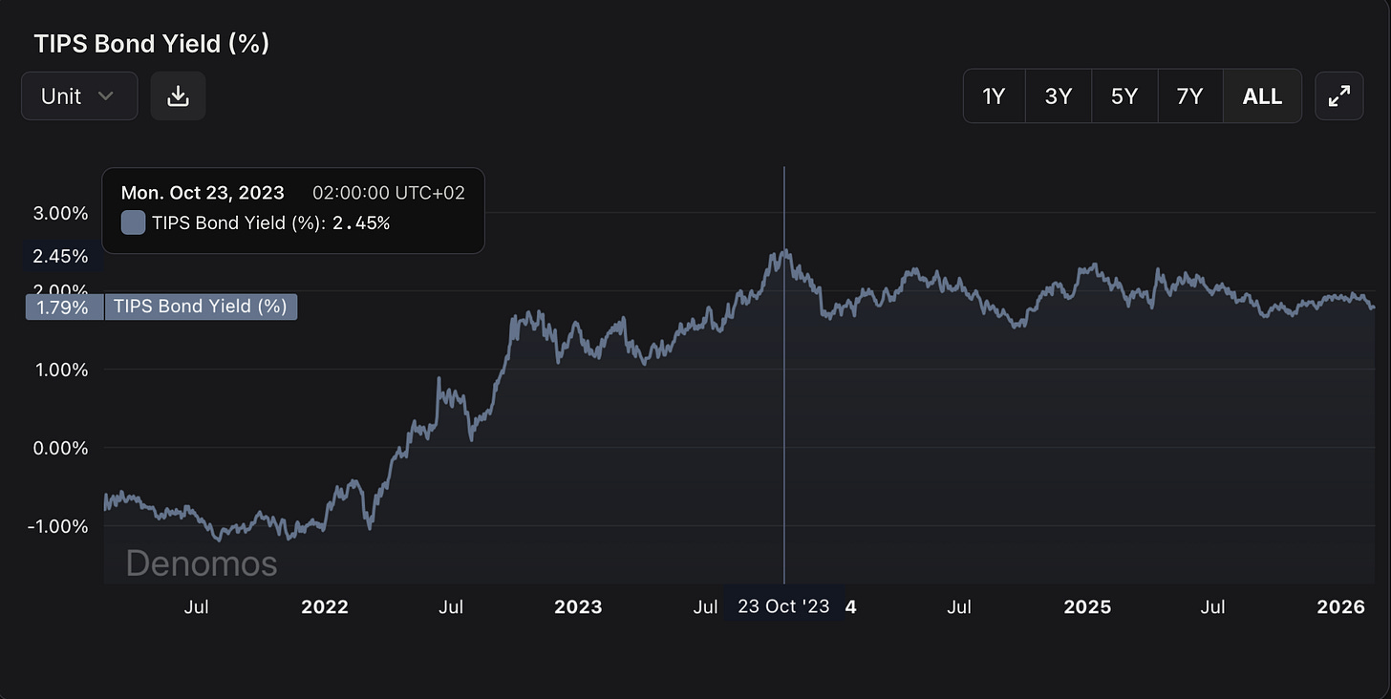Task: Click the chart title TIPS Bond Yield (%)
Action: [151, 44]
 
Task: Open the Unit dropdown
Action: [78, 96]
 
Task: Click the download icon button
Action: [178, 96]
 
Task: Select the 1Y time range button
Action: [994, 96]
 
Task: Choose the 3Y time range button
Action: [1058, 96]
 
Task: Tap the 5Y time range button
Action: [1123, 96]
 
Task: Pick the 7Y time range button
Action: [1189, 96]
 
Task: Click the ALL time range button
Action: [1262, 96]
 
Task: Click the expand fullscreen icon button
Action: [1338, 96]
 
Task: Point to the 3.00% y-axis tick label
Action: [60, 213]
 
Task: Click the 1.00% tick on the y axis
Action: [60, 370]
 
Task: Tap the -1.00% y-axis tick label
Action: [58, 527]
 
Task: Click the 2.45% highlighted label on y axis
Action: [60, 256]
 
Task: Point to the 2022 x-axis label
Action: [324, 607]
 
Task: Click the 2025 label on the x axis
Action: [1087, 607]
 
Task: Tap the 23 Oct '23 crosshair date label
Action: [783, 607]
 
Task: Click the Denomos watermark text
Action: [202, 563]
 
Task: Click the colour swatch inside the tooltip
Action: [133, 223]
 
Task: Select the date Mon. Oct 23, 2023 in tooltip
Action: [203, 193]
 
